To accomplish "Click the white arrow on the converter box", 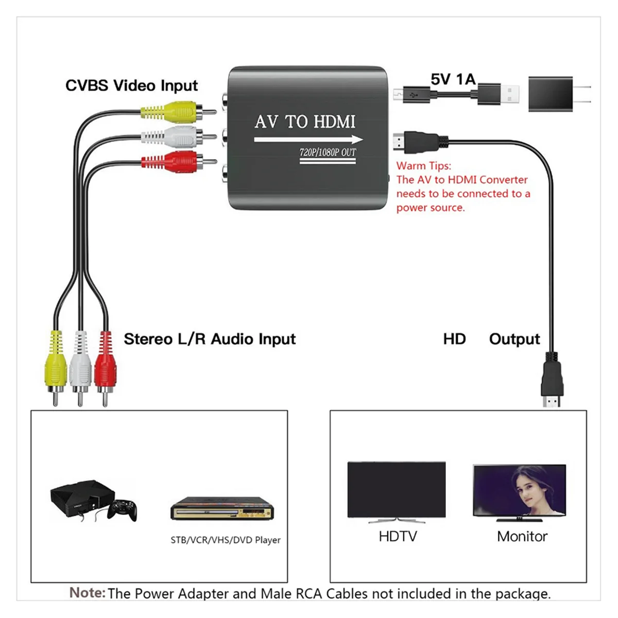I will click(308, 140).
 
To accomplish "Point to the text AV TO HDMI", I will click(305, 122).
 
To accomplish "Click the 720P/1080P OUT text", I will click(328, 152).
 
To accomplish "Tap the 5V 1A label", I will click(453, 79).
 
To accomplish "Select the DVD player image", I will click(222, 509).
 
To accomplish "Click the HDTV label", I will click(398, 536).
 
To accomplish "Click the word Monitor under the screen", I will click(522, 536).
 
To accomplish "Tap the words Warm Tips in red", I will click(423, 166).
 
